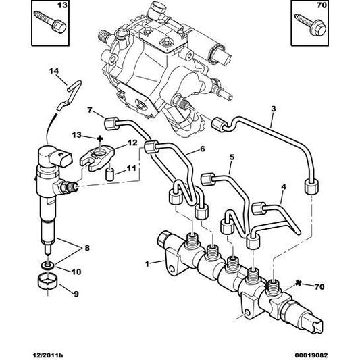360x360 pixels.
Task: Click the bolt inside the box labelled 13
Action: [49, 22]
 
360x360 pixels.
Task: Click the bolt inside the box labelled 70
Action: [310, 25]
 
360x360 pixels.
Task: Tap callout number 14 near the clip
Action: [54, 71]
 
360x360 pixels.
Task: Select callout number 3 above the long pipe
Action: [274, 109]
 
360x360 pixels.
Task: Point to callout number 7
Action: [90, 110]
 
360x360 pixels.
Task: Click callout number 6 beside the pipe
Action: [202, 149]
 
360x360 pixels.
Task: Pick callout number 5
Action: [232, 157]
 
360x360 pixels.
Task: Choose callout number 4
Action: [284, 187]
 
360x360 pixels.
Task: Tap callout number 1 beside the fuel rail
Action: [147, 264]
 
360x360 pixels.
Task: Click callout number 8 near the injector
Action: [87, 248]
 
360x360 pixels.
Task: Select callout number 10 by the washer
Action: [76, 272]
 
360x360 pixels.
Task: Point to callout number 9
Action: [76, 294]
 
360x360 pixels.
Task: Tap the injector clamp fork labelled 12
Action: [97, 159]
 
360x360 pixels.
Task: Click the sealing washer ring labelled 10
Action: [48, 266]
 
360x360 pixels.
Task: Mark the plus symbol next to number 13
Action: [100, 138]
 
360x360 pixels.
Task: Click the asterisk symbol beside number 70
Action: [299, 284]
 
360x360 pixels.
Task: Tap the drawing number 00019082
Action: [311, 355]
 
